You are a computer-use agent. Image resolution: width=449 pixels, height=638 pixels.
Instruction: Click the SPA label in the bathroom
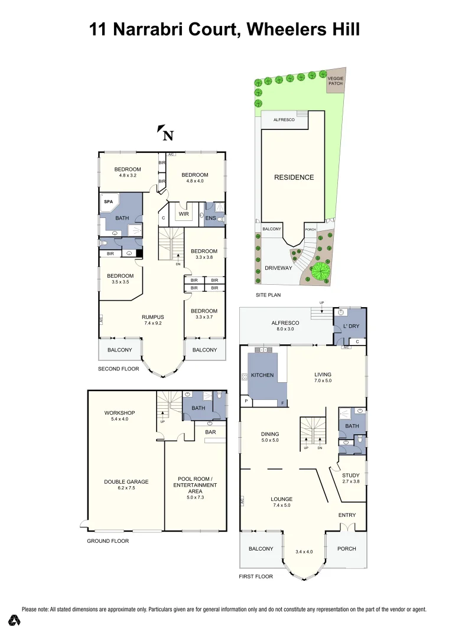tap(108, 201)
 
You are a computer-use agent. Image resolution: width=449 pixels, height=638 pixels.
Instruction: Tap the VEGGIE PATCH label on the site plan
tap(335, 81)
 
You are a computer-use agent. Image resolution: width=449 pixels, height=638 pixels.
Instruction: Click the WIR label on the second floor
tap(183, 214)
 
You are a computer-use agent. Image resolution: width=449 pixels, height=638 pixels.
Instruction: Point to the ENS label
tap(210, 218)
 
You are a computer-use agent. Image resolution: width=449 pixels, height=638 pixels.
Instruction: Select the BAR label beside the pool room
tap(210, 432)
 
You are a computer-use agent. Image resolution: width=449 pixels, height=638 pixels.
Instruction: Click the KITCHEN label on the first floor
tap(262, 375)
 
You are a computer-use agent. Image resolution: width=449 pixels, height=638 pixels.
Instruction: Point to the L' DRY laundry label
tap(351, 325)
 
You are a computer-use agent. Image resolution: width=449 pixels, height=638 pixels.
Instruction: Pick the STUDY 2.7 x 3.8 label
tap(351, 478)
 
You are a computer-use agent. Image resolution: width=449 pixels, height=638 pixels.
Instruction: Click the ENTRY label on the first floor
tap(347, 515)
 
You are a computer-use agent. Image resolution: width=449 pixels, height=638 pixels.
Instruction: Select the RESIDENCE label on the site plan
tap(294, 177)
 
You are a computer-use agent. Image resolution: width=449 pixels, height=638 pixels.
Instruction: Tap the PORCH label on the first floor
tap(346, 549)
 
